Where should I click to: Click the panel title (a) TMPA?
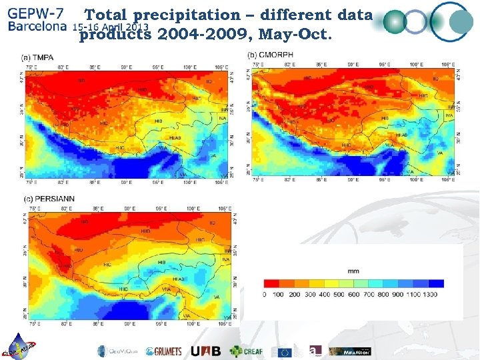(x=38, y=57)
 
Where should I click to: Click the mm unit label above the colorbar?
(x=353, y=271)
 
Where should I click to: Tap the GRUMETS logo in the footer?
(x=163, y=351)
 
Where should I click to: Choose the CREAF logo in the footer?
(x=246, y=351)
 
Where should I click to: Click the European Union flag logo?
(x=285, y=351)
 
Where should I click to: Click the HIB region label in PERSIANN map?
(x=162, y=263)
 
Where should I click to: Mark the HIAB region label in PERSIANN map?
(x=179, y=279)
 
